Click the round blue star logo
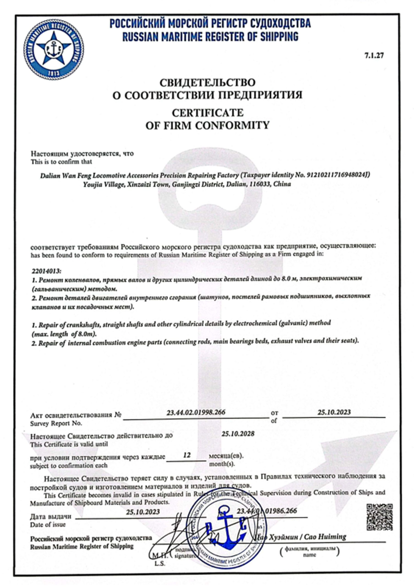coord(54,49)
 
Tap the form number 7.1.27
coord(374,55)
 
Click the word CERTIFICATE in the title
coord(207,113)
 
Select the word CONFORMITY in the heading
coord(235,125)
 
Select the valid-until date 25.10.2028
coord(238,434)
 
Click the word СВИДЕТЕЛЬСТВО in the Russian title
coord(207,82)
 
